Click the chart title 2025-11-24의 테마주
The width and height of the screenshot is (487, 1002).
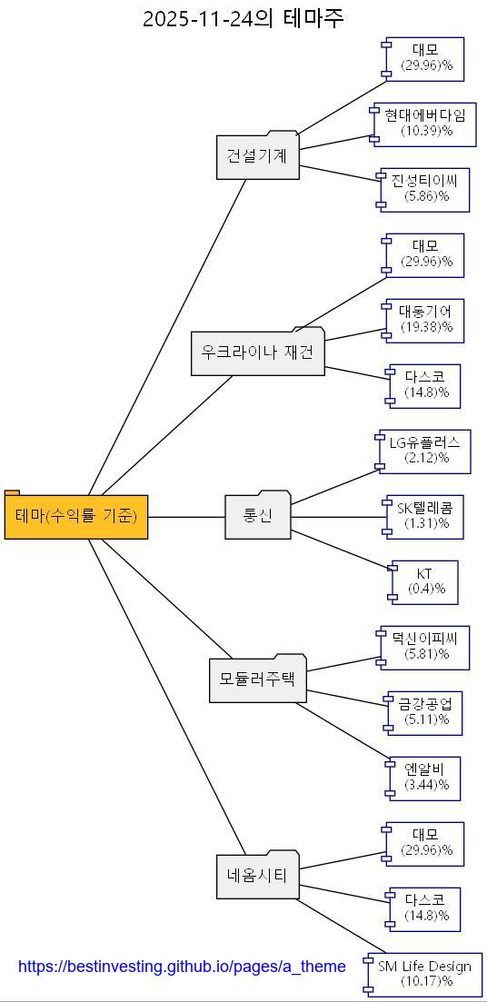coord(243,18)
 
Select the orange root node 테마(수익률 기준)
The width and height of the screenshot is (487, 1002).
coord(76,517)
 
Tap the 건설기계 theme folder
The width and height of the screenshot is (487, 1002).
coord(257,156)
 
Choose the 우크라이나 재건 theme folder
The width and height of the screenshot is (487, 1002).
coord(257,352)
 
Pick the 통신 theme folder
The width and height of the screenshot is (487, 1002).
coord(257,516)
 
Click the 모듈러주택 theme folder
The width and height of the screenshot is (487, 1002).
coord(257,679)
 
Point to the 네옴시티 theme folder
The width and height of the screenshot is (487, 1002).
coord(257,876)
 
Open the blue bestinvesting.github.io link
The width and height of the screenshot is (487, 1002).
coord(182,967)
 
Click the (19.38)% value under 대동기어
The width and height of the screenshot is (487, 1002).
coord(425,327)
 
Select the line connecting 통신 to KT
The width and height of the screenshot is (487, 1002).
coord(342,550)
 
